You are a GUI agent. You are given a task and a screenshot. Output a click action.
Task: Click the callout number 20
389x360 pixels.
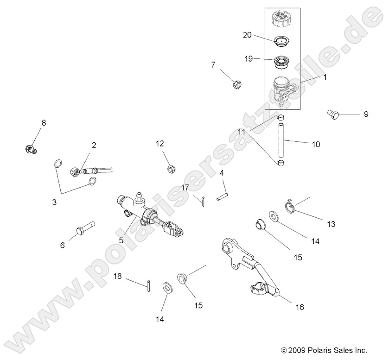coord(247,35)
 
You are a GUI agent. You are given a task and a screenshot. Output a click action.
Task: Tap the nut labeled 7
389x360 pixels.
coord(236,84)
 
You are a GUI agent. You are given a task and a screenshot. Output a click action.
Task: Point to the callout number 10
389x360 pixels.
coord(315,144)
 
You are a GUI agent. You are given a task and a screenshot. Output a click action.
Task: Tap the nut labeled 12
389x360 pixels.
coord(170,167)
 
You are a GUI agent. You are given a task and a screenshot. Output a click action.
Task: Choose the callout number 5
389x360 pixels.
coord(121,241)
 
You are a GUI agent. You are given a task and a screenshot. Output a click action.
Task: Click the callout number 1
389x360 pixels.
coord(325,77)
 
